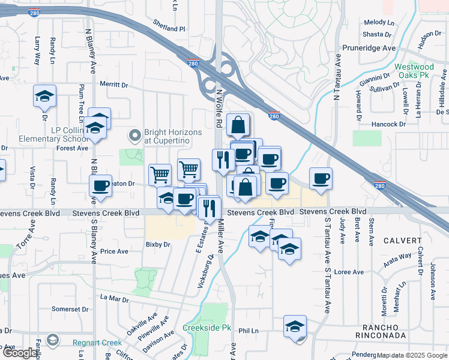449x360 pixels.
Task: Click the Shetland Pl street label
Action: tap(169, 28)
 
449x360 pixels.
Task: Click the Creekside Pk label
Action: tap(207, 328)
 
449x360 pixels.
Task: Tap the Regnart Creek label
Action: tap(97, 342)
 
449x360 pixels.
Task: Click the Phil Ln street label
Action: tap(248, 331)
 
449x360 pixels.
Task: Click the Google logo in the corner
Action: tap(20, 353)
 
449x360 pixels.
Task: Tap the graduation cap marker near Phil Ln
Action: tap(295, 326)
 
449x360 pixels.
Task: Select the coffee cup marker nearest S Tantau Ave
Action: tap(321, 178)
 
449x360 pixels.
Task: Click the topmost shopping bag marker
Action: tap(238, 125)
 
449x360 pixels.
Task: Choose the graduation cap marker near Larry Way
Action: tap(44, 97)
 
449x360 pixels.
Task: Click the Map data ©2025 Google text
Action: tap(412, 355)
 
